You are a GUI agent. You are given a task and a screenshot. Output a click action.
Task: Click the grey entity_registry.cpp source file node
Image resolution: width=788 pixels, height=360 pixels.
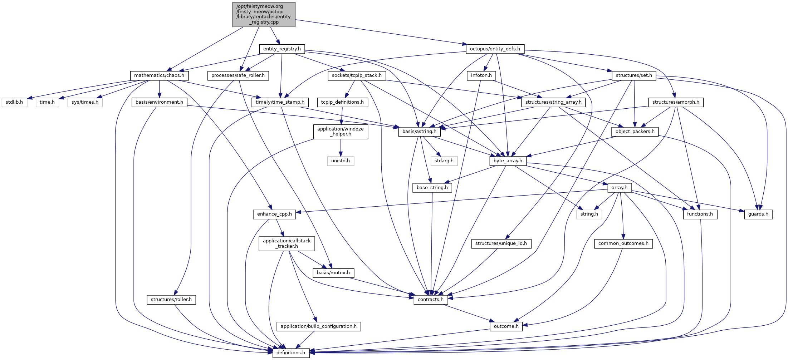pos(264,14)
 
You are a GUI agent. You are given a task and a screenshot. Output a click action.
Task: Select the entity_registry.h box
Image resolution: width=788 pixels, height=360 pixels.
pos(282,49)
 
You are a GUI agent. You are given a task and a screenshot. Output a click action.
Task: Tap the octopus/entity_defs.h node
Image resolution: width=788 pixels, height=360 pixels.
pos(495,49)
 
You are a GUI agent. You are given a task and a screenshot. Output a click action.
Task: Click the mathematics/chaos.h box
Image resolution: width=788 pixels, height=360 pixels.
pos(159,75)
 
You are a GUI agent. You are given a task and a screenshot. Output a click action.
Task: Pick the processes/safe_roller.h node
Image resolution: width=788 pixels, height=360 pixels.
pos(238,75)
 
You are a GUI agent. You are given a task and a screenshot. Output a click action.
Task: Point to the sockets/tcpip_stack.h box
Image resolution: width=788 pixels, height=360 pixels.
pos(357,75)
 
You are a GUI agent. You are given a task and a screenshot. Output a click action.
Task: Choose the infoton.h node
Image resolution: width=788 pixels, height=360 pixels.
pos(481,75)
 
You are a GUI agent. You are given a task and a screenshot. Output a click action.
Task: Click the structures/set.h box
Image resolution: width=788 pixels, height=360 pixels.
pos(634,75)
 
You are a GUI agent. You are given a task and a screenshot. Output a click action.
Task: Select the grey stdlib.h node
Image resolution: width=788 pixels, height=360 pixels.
pos(14,102)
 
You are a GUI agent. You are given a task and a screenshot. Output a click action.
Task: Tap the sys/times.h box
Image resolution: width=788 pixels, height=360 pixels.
pos(85,102)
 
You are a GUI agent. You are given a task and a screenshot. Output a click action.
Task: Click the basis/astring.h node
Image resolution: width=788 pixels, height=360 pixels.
pos(419,132)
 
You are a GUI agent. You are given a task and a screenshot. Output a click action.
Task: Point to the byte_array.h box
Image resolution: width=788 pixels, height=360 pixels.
pos(508,161)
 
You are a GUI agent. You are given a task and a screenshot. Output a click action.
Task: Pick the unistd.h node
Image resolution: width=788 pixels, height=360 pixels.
pos(341,161)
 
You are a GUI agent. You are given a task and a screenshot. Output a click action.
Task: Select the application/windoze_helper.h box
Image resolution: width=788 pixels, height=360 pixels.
pos(341,132)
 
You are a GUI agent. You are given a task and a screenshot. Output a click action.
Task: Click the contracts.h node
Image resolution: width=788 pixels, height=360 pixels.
pos(431,300)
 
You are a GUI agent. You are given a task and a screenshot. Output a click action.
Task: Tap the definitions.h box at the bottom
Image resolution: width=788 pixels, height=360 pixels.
pos(291,353)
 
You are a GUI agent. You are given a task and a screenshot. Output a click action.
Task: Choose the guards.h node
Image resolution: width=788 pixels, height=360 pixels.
pos(758,214)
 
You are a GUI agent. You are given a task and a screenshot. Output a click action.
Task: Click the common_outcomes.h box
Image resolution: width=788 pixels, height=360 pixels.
pos(623,243)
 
